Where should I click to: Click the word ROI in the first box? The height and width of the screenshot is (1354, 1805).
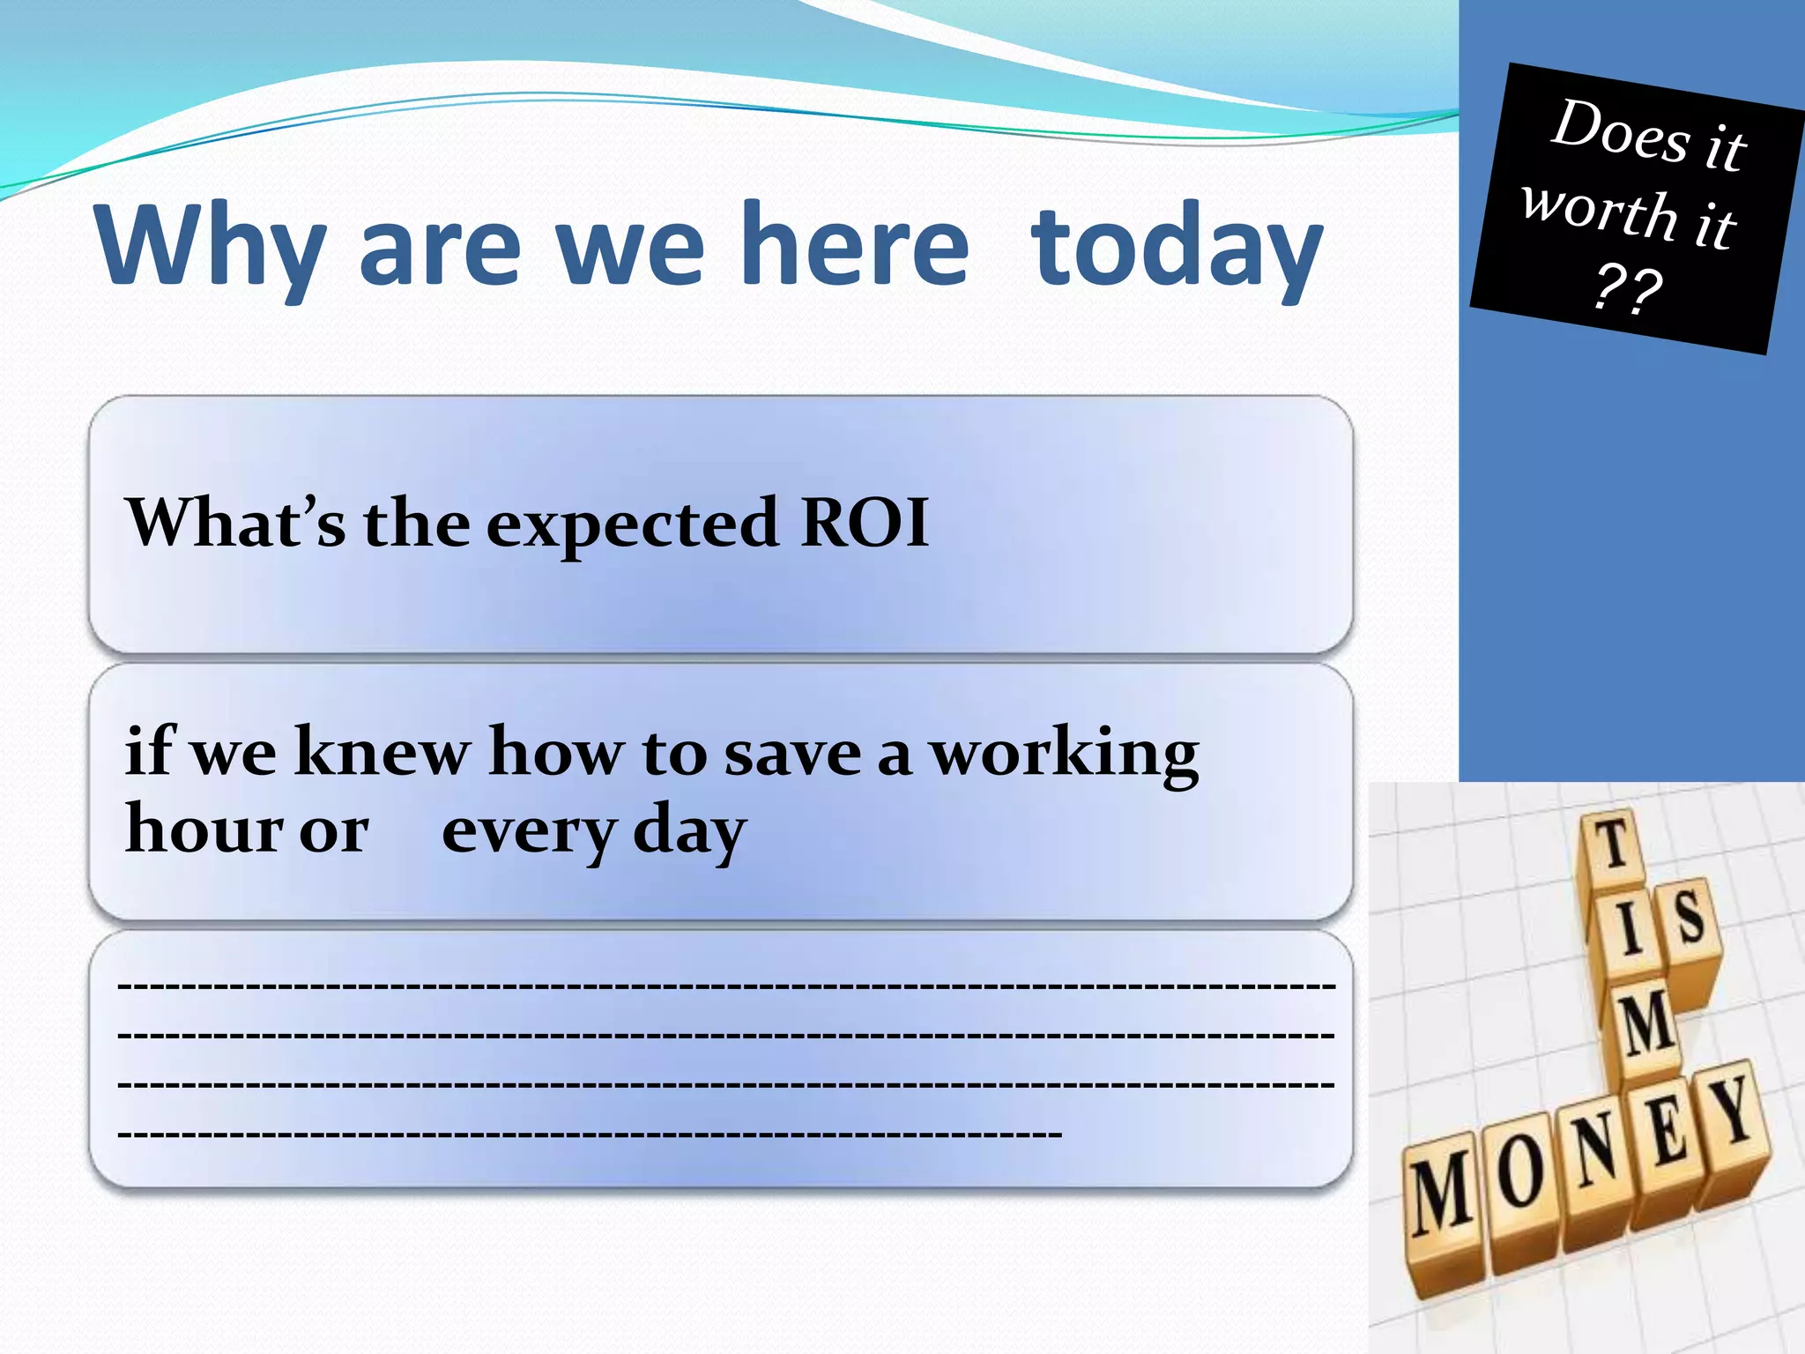[x=864, y=523]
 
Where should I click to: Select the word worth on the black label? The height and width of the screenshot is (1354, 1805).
[x=1600, y=212]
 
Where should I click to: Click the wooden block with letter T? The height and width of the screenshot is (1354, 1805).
[x=1613, y=846]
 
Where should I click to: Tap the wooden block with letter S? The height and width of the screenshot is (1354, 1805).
[x=1689, y=921]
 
